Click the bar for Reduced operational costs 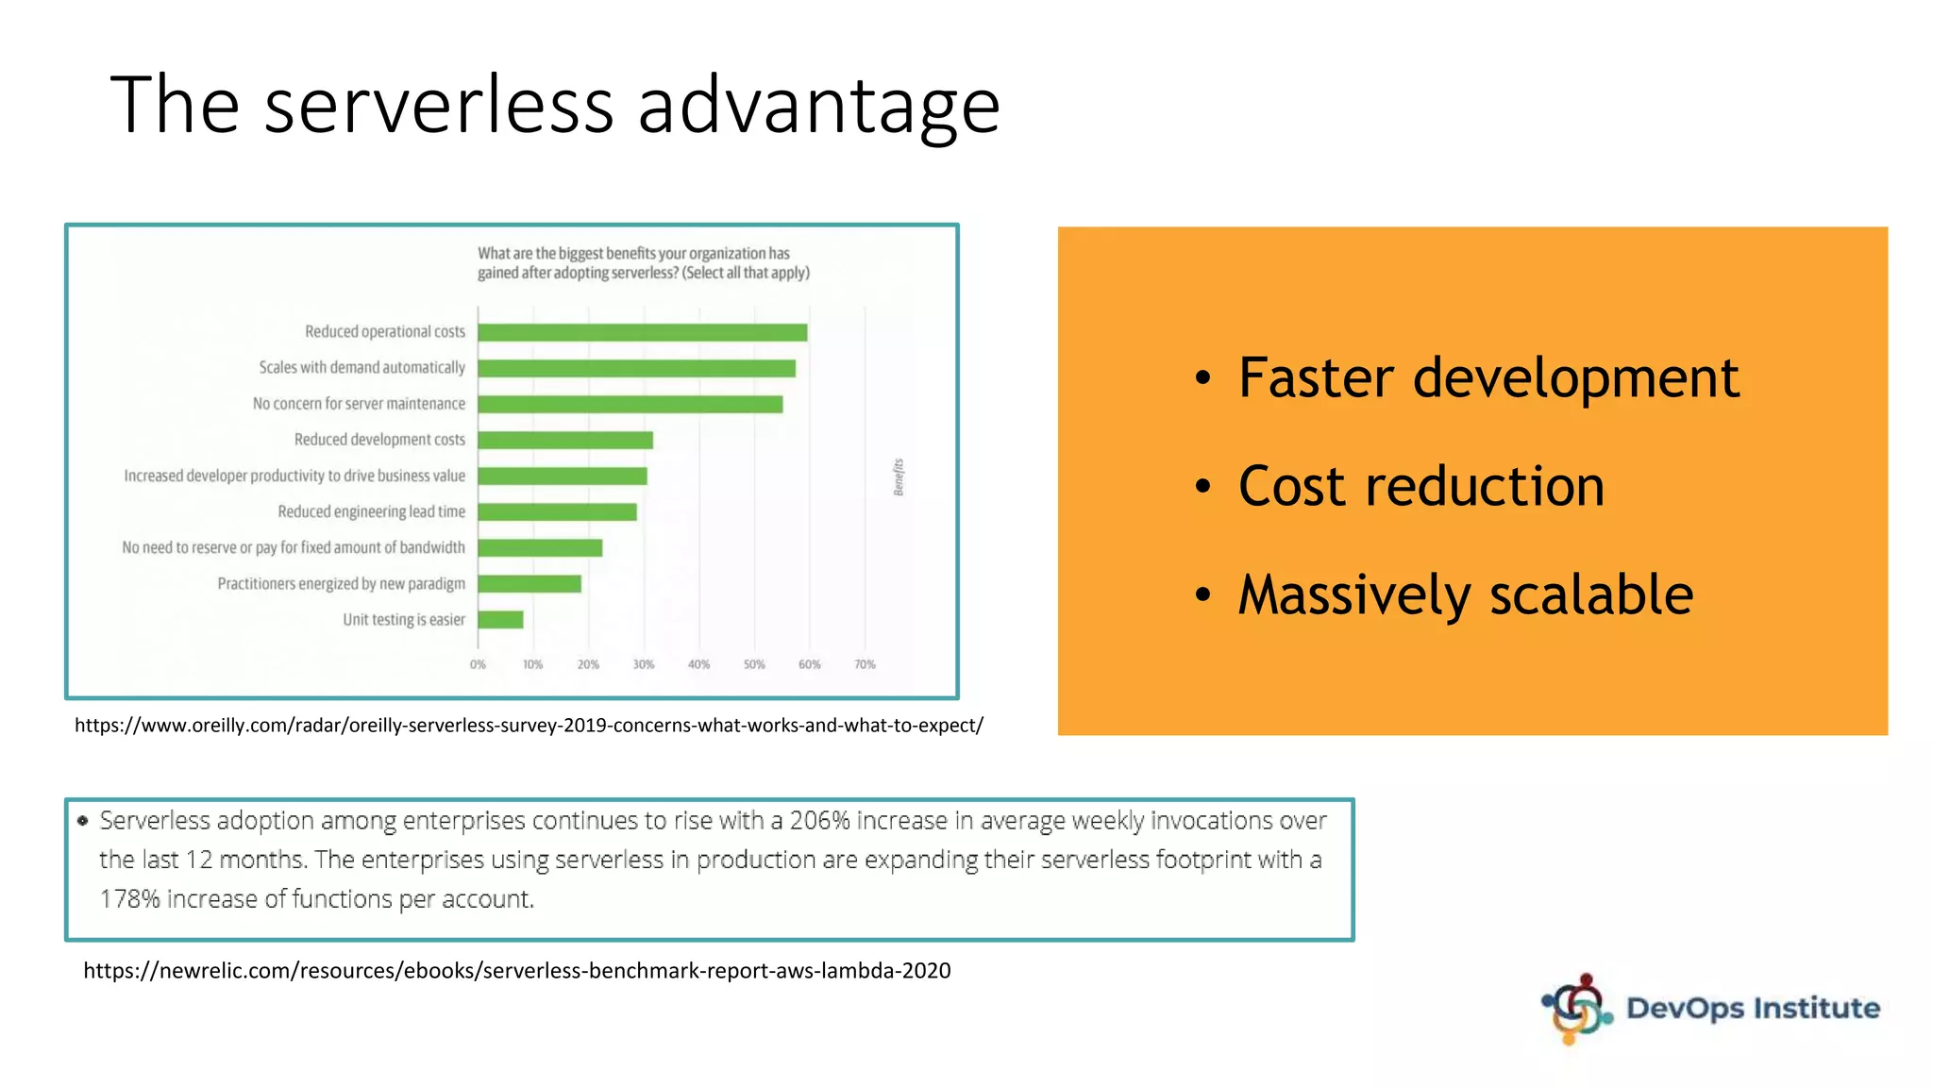tap(642, 332)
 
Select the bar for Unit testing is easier tap(500, 620)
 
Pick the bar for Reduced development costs tap(564, 440)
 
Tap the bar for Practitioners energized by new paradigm tap(529, 584)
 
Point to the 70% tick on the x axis tap(865, 664)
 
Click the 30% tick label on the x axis tap(644, 664)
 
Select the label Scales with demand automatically tap(361, 367)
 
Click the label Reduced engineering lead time tap(371, 511)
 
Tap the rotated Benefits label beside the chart tap(899, 477)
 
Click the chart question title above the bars tap(643, 263)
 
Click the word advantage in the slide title tap(818, 106)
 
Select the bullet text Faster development tap(1488, 378)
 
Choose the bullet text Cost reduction tap(1420, 487)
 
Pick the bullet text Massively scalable tap(1465, 595)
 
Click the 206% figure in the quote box tap(819, 821)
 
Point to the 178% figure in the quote tap(130, 899)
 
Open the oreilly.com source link tap(529, 726)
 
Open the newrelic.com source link tap(516, 971)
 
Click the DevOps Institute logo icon tap(1576, 1009)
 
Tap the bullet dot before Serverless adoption tap(83, 821)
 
